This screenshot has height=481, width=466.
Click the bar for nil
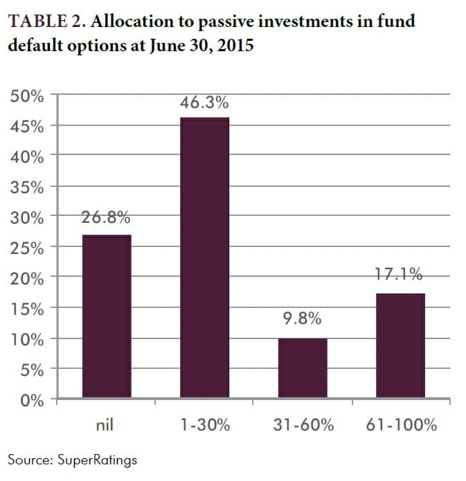[107, 317]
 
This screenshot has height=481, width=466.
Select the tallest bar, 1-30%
[205, 258]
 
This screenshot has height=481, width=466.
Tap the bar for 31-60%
[303, 369]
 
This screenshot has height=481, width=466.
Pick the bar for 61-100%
[400, 346]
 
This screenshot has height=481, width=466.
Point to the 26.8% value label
[107, 219]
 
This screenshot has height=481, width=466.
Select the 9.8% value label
[303, 320]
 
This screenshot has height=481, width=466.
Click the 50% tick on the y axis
[28, 96]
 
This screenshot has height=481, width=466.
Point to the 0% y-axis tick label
[32, 400]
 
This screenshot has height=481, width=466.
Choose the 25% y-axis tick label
[28, 248]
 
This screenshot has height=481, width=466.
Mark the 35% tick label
[28, 187]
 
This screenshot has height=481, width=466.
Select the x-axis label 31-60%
[303, 425]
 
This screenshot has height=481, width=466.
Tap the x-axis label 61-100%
[401, 425]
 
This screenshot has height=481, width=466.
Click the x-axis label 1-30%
[205, 425]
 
